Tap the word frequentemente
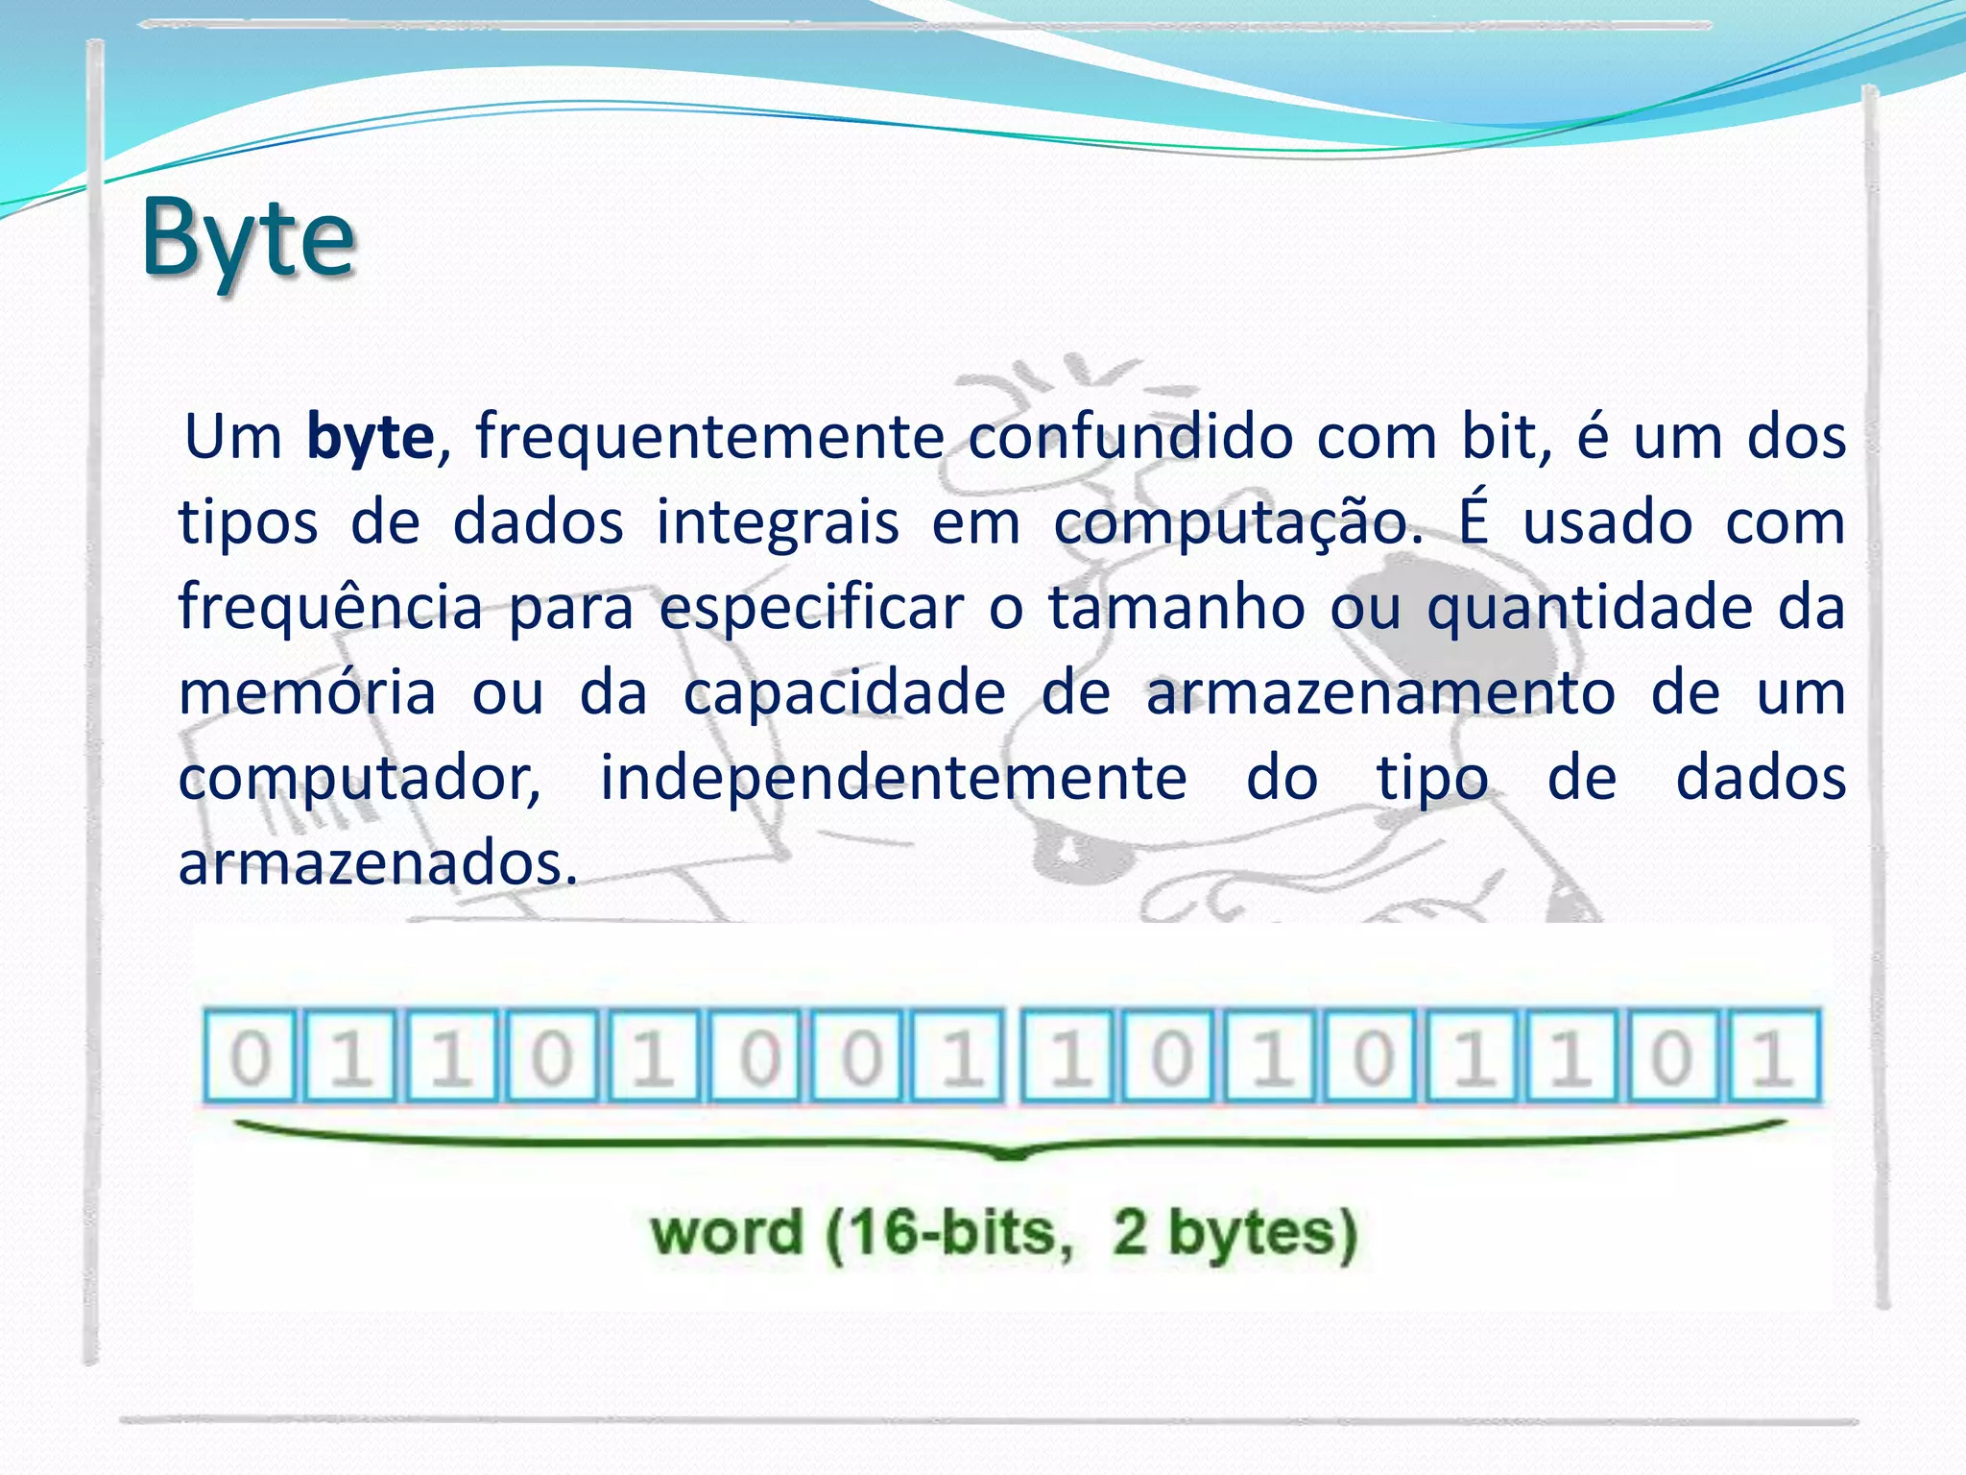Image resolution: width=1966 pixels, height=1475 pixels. pos(710,438)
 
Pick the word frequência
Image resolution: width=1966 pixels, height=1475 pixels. pos(330,609)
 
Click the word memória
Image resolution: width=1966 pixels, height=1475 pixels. pos(307,693)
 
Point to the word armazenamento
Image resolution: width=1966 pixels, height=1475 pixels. pos(1380,693)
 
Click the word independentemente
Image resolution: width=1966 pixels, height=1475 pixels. pos(893,780)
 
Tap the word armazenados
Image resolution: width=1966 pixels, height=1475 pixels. pos(378,863)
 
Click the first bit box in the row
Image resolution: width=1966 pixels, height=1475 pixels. pos(251,1055)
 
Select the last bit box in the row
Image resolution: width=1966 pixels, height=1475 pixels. pos(1773,1055)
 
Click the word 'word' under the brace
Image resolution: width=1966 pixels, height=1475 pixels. pos(726,1234)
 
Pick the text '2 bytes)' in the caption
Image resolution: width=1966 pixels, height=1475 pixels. pos(1235,1235)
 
